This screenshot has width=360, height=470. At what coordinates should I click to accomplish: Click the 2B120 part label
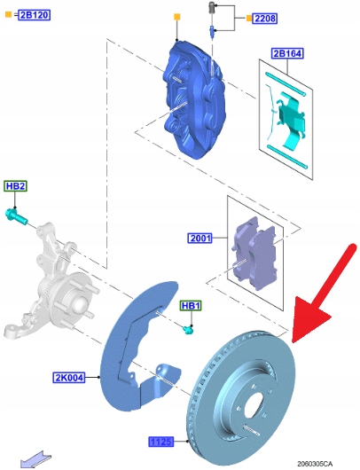click(x=35, y=14)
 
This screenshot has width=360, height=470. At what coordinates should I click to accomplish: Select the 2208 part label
click(x=264, y=19)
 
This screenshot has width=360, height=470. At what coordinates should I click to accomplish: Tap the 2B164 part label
click(x=287, y=53)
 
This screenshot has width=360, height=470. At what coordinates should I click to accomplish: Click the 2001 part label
click(x=200, y=239)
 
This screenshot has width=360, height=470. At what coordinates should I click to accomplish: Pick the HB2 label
click(x=15, y=186)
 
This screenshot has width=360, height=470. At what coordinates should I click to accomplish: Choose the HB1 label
click(x=191, y=306)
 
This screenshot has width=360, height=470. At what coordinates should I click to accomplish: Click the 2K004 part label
click(x=68, y=378)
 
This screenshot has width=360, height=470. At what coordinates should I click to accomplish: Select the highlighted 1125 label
click(x=161, y=442)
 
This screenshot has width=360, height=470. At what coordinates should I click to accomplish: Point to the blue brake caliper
click(x=194, y=99)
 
